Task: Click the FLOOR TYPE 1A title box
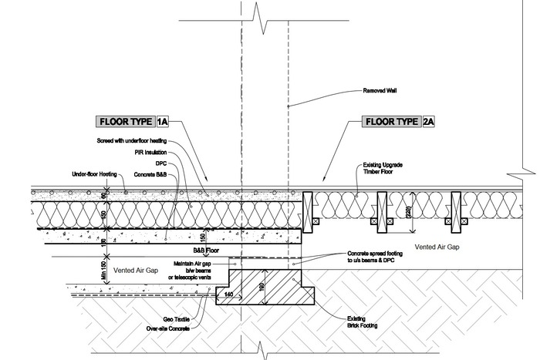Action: point(133,122)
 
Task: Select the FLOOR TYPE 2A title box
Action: point(399,122)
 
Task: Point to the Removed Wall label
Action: point(379,91)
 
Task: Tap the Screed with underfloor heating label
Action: point(132,141)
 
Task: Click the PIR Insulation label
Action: point(150,152)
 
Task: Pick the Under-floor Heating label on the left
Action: point(96,174)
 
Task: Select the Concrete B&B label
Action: point(150,174)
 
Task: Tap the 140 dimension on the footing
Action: point(228,294)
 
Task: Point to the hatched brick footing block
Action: point(267,288)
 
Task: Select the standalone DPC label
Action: point(160,163)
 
